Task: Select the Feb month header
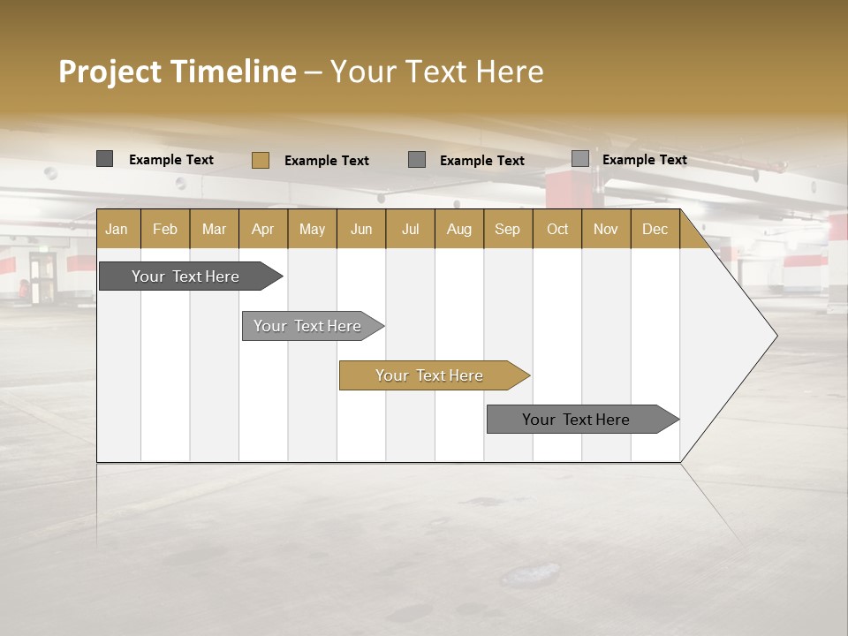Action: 165,229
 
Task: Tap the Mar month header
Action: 214,229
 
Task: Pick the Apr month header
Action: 263,229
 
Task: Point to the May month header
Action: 312,229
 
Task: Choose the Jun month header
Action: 361,229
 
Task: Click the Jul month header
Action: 410,229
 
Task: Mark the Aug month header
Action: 459,229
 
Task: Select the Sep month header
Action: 508,229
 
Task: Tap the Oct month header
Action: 557,229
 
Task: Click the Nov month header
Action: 606,229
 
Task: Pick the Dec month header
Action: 655,229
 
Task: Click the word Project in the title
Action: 109,72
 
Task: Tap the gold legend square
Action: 261,160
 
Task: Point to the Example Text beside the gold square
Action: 327,161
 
